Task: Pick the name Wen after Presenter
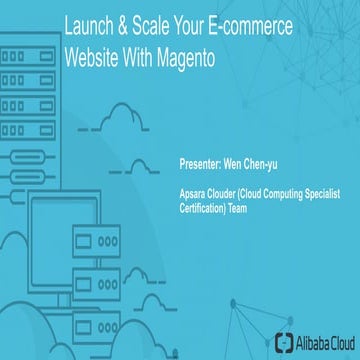(x=234, y=158)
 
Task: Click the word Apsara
(x=191, y=187)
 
